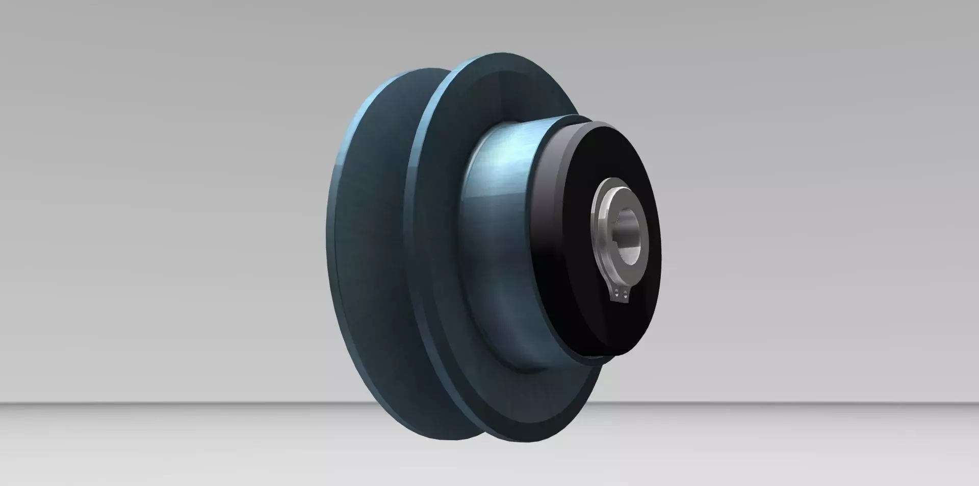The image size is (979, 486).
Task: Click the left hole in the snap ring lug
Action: pos(616,293)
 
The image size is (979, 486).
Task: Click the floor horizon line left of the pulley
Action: pos(153,403)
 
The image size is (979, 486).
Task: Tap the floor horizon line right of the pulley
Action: pos(816,403)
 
